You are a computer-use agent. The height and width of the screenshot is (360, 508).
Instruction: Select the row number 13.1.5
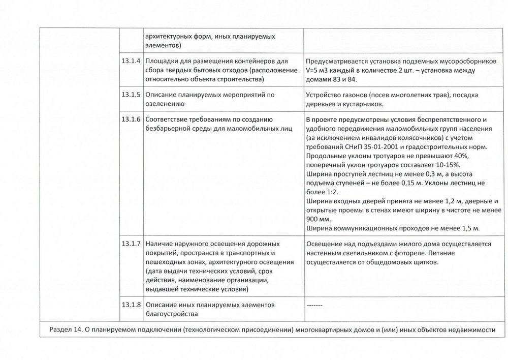(x=131, y=95)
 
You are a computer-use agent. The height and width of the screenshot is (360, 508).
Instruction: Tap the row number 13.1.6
(x=131, y=119)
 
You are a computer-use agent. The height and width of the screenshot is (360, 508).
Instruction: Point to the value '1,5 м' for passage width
(x=469, y=229)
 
